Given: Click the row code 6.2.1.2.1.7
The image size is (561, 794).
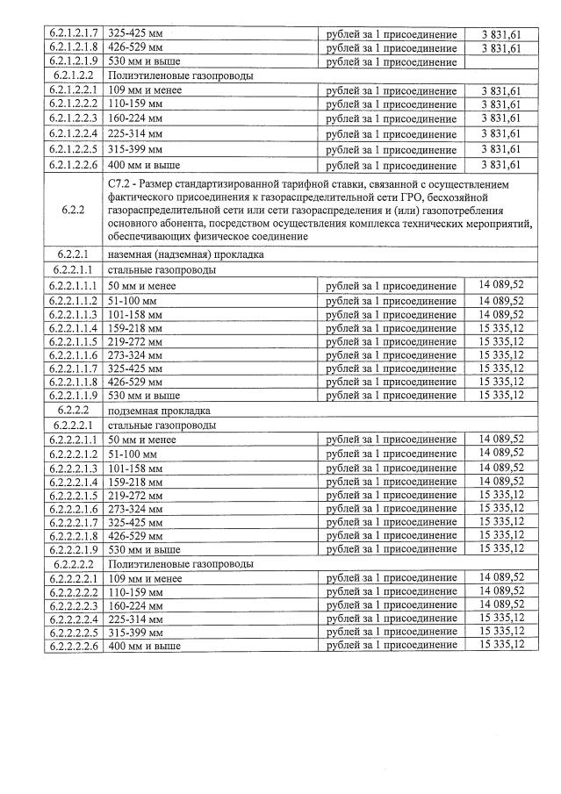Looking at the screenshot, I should (74, 33).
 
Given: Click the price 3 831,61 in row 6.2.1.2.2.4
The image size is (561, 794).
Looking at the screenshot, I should (502, 134).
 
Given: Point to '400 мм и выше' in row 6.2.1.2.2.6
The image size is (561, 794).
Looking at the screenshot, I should (144, 165).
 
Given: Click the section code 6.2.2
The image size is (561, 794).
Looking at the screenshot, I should (74, 211).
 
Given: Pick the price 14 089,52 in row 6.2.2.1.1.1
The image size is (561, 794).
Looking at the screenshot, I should (502, 285).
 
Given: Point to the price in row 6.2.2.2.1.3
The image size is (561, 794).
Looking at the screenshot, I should (502, 467).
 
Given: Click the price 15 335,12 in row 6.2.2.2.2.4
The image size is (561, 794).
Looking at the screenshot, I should (502, 618).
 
